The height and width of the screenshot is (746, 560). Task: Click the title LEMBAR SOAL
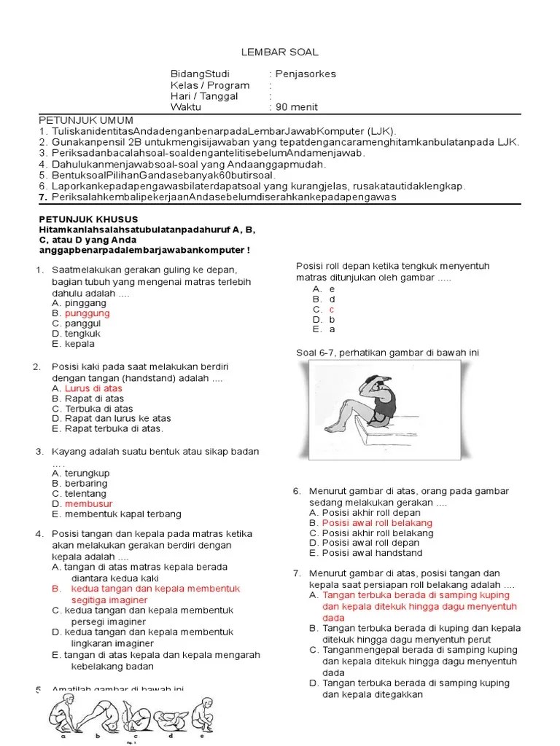pyautogui.click(x=279, y=52)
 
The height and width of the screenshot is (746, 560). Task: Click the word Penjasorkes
pyautogui.click(x=305, y=74)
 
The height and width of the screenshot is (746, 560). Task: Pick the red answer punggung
pyautogui.click(x=87, y=313)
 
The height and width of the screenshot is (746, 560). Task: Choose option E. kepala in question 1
pyautogui.click(x=74, y=344)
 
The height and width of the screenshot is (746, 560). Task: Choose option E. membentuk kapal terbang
pyautogui.click(x=117, y=514)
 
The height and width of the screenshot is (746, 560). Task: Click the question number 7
pyautogui.click(x=297, y=573)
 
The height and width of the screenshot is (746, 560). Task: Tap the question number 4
pyautogui.click(x=39, y=534)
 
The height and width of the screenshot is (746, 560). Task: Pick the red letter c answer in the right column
pyautogui.click(x=331, y=309)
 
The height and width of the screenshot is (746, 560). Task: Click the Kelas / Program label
pyautogui.click(x=209, y=85)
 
